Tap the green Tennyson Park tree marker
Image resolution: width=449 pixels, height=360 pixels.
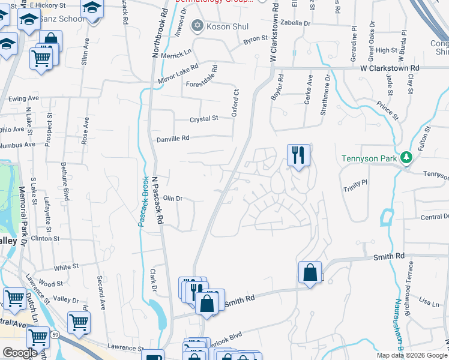(x=406, y=158)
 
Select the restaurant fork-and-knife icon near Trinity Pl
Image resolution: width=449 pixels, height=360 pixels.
(x=298, y=155)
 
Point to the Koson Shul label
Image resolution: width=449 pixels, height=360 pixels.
(x=228, y=26)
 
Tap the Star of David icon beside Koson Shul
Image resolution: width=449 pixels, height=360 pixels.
(x=196, y=25)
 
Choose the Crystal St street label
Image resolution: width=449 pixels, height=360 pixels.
(x=203, y=119)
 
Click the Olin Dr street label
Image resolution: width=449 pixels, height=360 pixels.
(x=173, y=198)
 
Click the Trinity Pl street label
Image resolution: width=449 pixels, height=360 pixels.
(x=355, y=185)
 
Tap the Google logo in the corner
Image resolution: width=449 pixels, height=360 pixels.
(x=20, y=353)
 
